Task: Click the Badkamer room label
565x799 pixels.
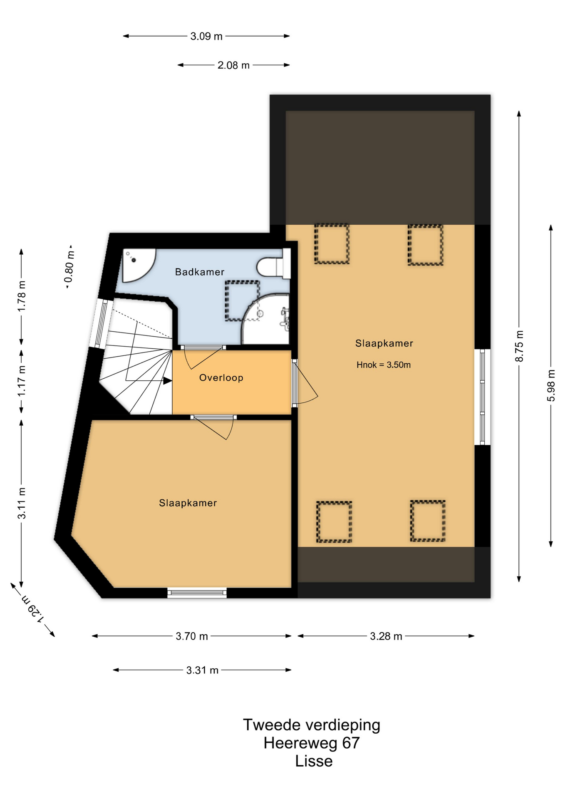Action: (200, 272)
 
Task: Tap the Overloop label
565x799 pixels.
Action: (221, 377)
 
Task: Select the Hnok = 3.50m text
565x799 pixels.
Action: (384, 365)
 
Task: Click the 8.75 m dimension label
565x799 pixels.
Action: (519, 346)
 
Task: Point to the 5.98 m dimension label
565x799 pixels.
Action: (551, 385)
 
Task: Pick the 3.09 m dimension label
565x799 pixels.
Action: (206, 36)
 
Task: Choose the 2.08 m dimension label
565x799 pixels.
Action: (233, 65)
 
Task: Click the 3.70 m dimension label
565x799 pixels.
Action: (192, 636)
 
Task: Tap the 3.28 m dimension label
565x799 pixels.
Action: (386, 636)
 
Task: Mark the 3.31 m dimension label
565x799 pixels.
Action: (202, 670)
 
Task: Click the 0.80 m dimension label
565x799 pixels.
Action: (69, 266)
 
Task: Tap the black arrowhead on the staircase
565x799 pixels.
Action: (167, 380)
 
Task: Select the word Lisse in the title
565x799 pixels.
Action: (314, 761)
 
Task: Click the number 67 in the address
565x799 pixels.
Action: (351, 743)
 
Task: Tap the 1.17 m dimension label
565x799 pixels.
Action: (22, 381)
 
